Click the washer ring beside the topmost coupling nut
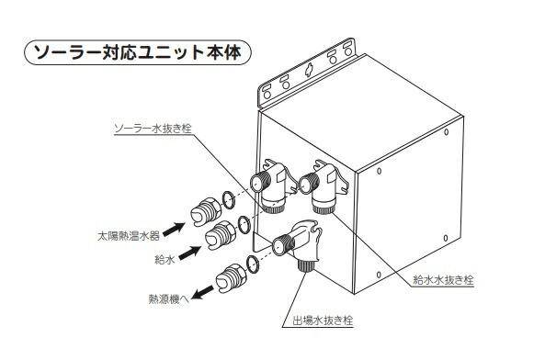point(227,200)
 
